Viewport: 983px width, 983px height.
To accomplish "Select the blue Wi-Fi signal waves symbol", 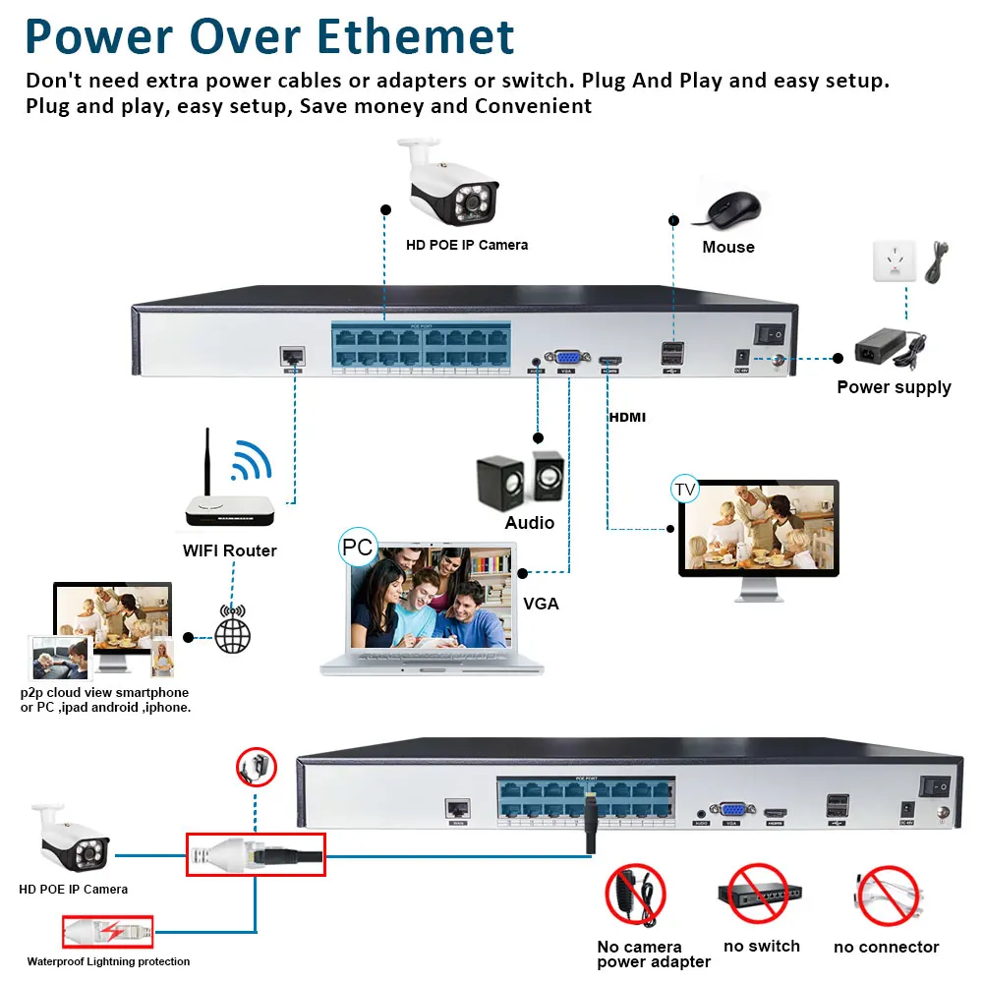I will point(251,458).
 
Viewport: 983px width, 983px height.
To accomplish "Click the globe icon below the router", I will point(233,630).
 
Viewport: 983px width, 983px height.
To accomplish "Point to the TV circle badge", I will point(685,489).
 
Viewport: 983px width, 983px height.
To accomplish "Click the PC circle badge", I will point(358,547).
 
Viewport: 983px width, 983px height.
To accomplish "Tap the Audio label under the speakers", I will point(529,523).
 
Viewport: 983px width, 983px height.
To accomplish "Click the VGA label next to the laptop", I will point(541,604).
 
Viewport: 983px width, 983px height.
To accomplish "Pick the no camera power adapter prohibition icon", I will point(634,895).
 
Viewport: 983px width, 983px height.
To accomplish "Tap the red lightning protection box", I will point(107,930).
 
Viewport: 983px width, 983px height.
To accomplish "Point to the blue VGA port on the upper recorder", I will point(567,359).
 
